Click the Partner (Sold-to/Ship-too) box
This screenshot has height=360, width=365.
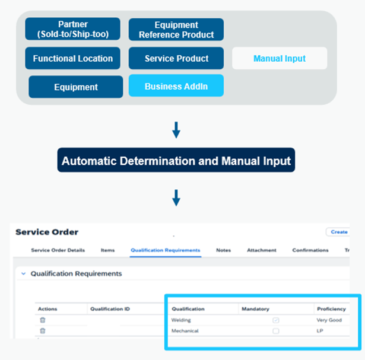[x=72, y=29]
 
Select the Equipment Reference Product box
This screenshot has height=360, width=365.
[x=176, y=30]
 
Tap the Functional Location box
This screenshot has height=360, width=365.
[x=72, y=58]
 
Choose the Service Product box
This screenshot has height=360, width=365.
[x=176, y=58]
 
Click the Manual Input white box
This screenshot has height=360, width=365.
[x=279, y=58]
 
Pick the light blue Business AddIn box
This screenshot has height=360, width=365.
[x=176, y=86]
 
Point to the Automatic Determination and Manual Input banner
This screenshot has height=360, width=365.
[x=176, y=161]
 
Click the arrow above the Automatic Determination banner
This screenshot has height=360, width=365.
[x=176, y=130]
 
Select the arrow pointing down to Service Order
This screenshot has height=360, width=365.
[x=176, y=197]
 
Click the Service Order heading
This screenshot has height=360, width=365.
[x=46, y=232]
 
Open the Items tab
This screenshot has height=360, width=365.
[x=107, y=250]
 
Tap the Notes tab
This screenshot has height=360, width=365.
[x=224, y=250]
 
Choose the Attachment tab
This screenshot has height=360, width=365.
[x=261, y=250]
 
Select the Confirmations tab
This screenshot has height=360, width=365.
[x=310, y=250]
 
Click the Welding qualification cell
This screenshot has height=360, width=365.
[x=182, y=320]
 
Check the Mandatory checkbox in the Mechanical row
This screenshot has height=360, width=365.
[x=275, y=331]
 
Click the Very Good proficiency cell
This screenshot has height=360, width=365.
[x=329, y=320]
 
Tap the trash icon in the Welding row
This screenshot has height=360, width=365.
[x=42, y=320]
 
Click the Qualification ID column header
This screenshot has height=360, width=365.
[x=110, y=309]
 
